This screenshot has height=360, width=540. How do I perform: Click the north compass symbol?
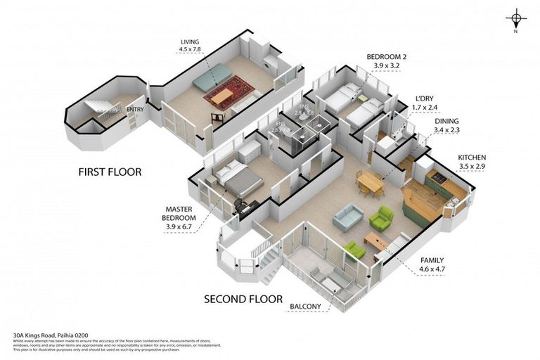[516, 20]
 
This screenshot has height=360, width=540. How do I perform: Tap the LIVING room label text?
[191, 41]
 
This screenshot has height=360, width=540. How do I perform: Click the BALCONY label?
[305, 307]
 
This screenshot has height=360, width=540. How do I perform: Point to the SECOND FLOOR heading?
[243, 298]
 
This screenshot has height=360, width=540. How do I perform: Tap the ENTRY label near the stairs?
[135, 110]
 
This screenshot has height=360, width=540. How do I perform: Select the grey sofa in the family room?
[347, 217]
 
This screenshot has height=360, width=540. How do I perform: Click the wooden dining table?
[370, 183]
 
